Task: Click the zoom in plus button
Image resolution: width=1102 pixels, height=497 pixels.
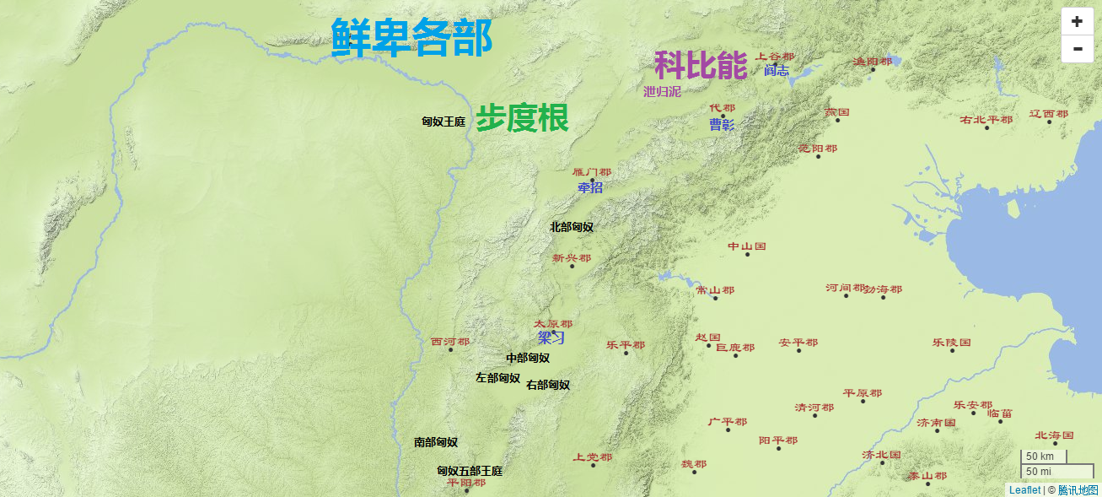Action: [x=1077, y=22]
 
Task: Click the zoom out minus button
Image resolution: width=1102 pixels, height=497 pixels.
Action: [x=1077, y=49]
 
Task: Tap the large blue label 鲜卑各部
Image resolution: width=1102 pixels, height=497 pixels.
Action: [x=411, y=38]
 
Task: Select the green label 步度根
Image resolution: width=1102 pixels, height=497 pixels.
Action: [x=522, y=118]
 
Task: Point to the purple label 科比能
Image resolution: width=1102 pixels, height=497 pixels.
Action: [x=701, y=65]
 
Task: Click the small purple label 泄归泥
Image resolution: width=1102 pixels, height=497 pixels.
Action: [x=662, y=91]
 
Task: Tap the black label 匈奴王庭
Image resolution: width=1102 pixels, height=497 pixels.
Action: [x=443, y=122]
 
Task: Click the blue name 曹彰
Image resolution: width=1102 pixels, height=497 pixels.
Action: [x=722, y=125]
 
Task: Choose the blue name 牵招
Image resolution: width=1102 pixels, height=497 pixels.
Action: [x=590, y=187]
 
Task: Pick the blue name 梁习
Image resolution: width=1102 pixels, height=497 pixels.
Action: [x=551, y=338]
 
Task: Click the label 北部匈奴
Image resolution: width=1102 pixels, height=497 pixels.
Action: [x=572, y=226]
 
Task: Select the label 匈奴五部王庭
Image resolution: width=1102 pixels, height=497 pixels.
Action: [x=470, y=471]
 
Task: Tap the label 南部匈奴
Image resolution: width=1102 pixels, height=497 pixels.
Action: [x=436, y=442]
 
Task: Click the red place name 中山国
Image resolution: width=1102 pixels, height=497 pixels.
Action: [x=746, y=246]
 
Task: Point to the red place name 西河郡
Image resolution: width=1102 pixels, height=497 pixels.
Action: [x=450, y=342]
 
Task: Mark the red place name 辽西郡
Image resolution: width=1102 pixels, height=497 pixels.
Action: [x=1048, y=114]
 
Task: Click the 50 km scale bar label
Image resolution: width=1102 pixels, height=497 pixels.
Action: [x=1040, y=456]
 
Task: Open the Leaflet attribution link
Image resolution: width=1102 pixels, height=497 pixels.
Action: [x=1024, y=489]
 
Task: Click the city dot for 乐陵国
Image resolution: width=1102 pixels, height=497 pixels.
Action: [x=952, y=351]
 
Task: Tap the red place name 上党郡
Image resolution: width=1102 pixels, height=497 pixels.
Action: [x=593, y=456]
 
